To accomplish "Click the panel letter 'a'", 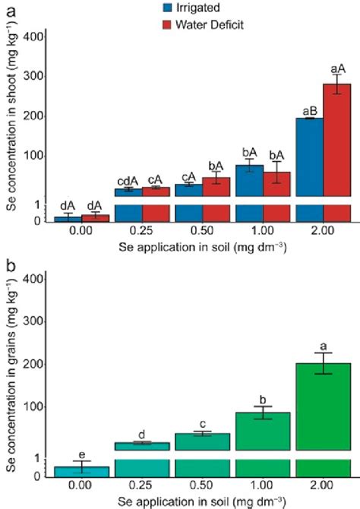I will [9, 10].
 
